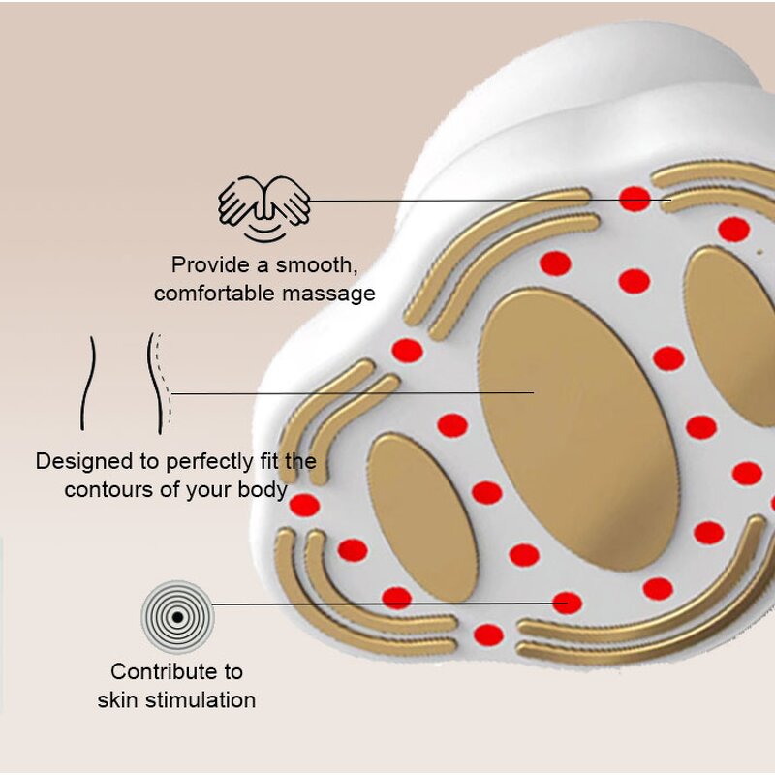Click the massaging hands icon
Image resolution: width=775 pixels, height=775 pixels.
pyautogui.click(x=263, y=207)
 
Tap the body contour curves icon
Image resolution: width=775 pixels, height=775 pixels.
pyautogui.click(x=123, y=384)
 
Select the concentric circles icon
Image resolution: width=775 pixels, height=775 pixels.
pyautogui.click(x=177, y=616)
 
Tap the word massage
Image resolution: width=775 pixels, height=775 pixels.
pyautogui.click(x=332, y=293)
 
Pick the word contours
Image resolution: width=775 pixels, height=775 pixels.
pyautogui.click(x=108, y=489)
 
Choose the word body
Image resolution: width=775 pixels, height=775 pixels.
pyautogui.click(x=263, y=489)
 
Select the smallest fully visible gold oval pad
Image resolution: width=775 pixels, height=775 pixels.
pyautogui.click(x=422, y=515)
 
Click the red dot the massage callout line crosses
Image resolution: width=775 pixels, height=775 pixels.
pyautogui.click(x=635, y=200)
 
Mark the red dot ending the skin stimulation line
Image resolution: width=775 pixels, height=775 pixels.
pyautogui.click(x=567, y=604)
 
